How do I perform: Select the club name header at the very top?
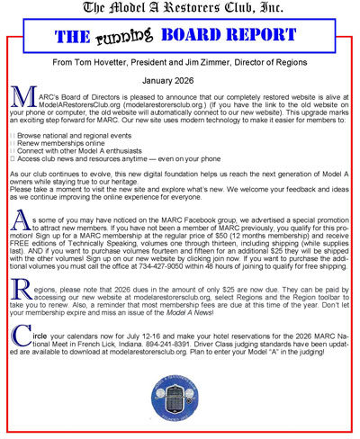click(x=180, y=9)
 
